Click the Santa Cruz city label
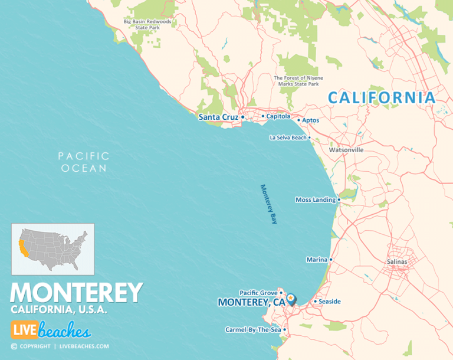[x=218, y=117]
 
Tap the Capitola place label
[x=278, y=116]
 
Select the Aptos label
[x=310, y=120]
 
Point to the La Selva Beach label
[x=288, y=138]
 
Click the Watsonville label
[x=346, y=150]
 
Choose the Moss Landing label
[x=315, y=199]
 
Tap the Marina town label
[x=316, y=260]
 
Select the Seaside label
[x=330, y=302]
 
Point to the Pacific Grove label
[x=258, y=293]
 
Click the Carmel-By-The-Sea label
[x=253, y=329]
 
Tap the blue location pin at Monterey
[x=291, y=299]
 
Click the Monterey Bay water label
[x=269, y=204]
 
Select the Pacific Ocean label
[x=83, y=162]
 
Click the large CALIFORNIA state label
[x=382, y=98]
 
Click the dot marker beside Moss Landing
[x=339, y=199]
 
